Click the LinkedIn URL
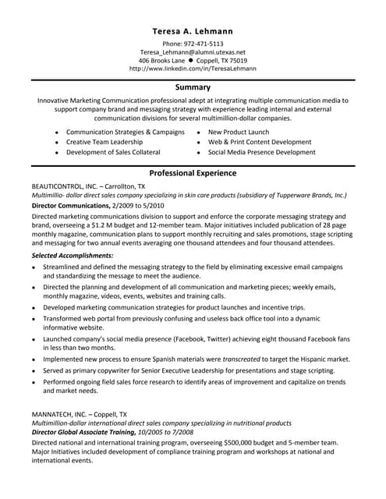pyautogui.click(x=193, y=69)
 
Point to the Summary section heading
pyautogui.click(x=193, y=87)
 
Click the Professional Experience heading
pyautogui.click(x=193, y=172)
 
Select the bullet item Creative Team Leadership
pyautogui.click(x=104, y=143)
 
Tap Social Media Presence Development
pyautogui.click(x=262, y=153)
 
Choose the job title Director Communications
pyautogui.click(x=70, y=205)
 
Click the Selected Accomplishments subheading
pyautogui.click(x=73, y=255)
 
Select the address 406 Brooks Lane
pyautogui.click(x=161, y=60)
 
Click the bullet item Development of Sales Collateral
pyautogui.click(x=115, y=153)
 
